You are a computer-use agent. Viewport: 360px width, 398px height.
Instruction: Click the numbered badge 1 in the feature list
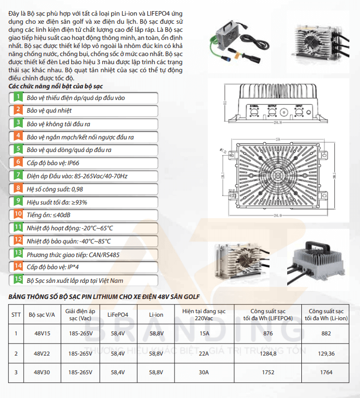[18, 97]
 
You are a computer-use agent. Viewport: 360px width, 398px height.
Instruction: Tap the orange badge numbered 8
[18, 188]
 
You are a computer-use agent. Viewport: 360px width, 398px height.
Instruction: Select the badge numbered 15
[18, 279]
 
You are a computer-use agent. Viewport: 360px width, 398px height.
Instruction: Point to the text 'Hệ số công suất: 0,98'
[55, 188]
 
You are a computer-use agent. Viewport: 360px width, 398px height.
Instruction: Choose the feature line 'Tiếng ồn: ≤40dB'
[49, 215]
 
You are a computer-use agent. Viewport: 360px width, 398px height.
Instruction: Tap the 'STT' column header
[16, 314]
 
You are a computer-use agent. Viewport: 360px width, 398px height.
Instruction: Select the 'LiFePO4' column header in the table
[118, 314]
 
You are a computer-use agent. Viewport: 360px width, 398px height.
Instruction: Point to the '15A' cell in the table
[204, 333]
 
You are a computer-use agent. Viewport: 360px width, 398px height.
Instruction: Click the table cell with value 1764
[327, 372]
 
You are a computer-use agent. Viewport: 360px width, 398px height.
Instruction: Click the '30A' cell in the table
[204, 372]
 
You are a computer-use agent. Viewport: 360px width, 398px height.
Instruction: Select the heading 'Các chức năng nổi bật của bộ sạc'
[56, 87]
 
